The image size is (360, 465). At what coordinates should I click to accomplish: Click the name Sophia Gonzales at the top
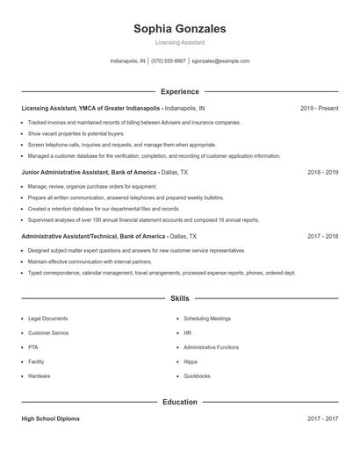coord(179,29)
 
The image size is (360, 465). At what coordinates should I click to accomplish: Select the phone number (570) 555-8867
coord(169,61)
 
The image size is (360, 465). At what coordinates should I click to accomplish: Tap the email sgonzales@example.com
coord(220,61)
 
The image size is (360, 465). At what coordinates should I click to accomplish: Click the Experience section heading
coord(179,91)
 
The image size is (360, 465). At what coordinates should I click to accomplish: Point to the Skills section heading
coord(179,299)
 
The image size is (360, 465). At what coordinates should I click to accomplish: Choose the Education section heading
coord(179,402)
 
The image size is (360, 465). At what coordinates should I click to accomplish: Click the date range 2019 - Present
coord(319,108)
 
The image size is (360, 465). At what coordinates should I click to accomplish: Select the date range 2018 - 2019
coord(322,173)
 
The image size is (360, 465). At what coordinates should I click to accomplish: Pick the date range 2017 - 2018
coord(322,237)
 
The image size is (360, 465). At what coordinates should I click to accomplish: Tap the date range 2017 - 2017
coord(322,419)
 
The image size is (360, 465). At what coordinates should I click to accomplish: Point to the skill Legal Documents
coord(47,318)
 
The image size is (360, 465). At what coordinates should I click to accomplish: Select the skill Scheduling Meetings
coord(207,318)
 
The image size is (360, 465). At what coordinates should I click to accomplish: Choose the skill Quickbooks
coord(197,376)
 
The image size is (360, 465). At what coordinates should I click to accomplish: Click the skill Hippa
coord(191,361)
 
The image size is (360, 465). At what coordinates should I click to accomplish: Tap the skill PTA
coord(33,347)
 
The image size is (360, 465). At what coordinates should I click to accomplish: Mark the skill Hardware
coord(40,376)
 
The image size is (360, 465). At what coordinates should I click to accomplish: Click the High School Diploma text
coord(50,419)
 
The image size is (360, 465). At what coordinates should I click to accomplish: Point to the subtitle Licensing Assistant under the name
coord(179,42)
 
